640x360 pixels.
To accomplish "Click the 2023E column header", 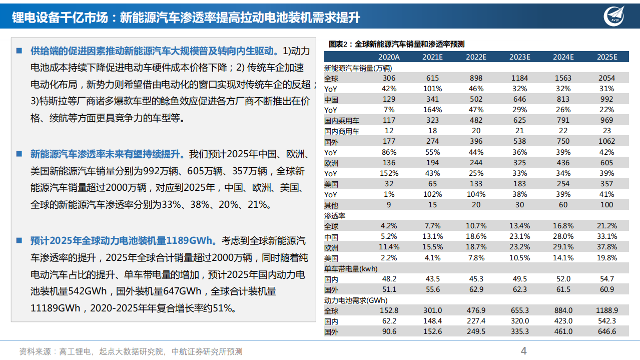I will pyautogui.click(x=519, y=57).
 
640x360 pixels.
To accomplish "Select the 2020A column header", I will pyautogui.click(x=389, y=57).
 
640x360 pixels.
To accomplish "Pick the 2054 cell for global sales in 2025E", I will pyautogui.click(x=606, y=78).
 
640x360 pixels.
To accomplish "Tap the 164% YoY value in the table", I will pyautogui.click(x=432, y=110).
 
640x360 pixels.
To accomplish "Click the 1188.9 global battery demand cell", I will pyautogui.click(x=606, y=310).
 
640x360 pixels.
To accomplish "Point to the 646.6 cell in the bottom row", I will pyautogui.click(x=606, y=331).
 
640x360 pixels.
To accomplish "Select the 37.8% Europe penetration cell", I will pyautogui.click(x=606, y=247).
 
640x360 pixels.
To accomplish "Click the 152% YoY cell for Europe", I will pyautogui.click(x=389, y=173).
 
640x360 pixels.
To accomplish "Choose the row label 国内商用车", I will pyautogui.click(x=342, y=131).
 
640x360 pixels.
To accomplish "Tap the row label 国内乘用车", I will pyautogui.click(x=342, y=121).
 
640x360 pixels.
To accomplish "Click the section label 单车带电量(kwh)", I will pyautogui.click(x=350, y=269).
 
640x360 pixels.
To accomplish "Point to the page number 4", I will pyautogui.click(x=524, y=351).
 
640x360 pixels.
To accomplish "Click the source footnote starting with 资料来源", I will pyautogui.click(x=131, y=352).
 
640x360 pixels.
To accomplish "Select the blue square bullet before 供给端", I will pyautogui.click(x=19, y=51).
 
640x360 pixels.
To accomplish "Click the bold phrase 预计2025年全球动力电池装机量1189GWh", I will pyautogui.click(x=123, y=241).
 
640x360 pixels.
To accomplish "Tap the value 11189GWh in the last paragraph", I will pyautogui.click(x=55, y=308).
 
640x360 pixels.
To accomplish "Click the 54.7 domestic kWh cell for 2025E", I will pyautogui.click(x=606, y=279).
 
